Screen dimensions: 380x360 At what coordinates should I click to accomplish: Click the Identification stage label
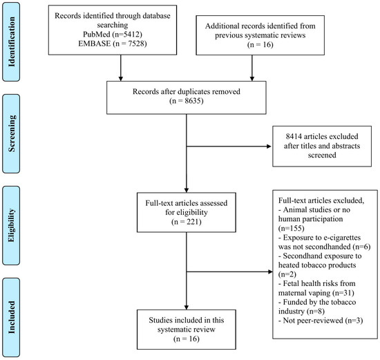(11, 41)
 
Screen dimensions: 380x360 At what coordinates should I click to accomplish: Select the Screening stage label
(11, 133)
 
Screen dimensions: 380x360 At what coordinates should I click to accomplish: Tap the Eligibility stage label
(11, 225)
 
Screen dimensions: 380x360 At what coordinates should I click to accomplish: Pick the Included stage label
(11, 317)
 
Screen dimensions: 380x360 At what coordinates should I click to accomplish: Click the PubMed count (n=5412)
(126, 34)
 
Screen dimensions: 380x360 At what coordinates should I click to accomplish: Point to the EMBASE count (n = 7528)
(129, 44)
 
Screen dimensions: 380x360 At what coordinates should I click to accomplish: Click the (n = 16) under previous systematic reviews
(260, 45)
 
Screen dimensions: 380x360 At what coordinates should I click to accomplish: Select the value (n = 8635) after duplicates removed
(186, 101)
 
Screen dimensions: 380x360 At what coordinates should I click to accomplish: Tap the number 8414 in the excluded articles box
(294, 136)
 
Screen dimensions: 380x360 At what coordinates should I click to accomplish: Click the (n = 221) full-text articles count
(186, 222)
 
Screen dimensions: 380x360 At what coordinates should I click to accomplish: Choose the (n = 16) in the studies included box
(186, 339)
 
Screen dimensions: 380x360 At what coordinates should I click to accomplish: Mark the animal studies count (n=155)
(291, 228)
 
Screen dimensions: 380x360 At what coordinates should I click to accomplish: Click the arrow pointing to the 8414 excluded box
(229, 146)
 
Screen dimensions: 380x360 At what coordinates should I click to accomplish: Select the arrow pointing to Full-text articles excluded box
(229, 272)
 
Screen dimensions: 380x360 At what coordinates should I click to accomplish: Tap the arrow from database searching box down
(121, 68)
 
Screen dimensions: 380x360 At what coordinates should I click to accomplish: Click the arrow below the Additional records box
(252, 68)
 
